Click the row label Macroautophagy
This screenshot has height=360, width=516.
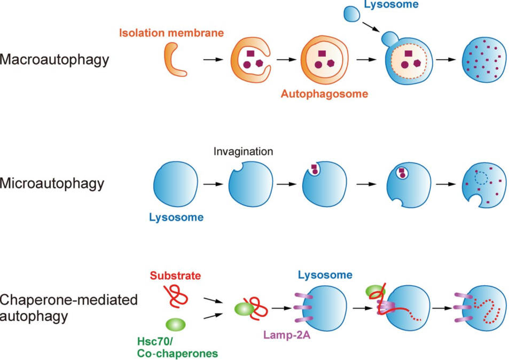pyautogui.click(x=54, y=59)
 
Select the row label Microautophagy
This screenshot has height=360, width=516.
pyautogui.click(x=52, y=184)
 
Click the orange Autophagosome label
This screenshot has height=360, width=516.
pyautogui.click(x=324, y=94)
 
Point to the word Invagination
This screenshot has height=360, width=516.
pyautogui.click(x=243, y=152)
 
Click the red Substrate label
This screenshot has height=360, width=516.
pyautogui.click(x=175, y=276)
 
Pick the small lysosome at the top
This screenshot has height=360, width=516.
pyautogui.click(x=350, y=14)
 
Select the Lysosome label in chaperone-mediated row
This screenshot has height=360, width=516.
pyautogui.click(x=325, y=276)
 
